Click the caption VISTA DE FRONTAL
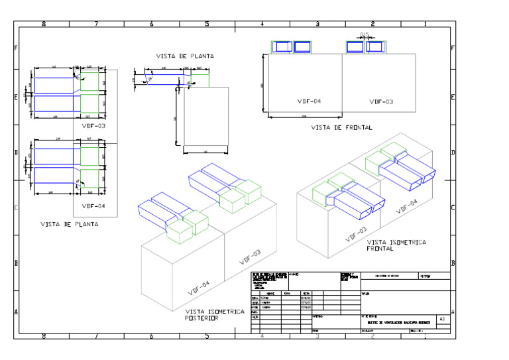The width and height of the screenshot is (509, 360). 341,127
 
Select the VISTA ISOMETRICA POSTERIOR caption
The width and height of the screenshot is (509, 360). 215,315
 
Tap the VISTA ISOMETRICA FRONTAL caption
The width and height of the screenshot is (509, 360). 396,246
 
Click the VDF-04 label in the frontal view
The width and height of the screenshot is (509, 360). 309,101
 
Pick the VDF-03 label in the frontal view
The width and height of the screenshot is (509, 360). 381,101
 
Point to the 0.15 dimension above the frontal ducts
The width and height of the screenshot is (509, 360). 364,34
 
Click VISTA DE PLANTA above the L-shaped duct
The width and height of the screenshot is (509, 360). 185,56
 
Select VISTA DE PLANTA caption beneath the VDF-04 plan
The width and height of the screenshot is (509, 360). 69,224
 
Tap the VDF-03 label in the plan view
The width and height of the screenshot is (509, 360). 93,125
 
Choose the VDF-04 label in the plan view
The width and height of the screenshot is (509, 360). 93,206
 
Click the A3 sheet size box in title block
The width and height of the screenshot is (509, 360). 442,319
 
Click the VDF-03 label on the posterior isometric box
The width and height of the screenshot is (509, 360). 250,257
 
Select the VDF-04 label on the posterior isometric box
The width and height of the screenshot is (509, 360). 199,288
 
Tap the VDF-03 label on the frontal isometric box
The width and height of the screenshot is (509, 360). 355,233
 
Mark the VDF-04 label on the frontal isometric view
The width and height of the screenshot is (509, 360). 407,206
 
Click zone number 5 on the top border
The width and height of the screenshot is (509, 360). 207,25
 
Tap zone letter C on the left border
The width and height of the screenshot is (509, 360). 17,208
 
